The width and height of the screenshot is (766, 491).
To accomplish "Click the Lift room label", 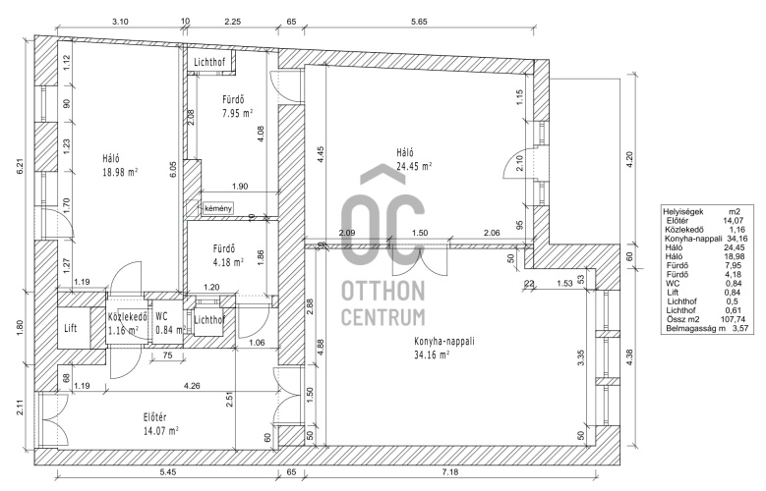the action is click(x=71, y=328).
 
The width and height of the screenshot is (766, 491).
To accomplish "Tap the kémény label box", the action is click(x=218, y=208).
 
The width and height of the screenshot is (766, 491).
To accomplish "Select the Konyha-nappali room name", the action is click(x=444, y=341).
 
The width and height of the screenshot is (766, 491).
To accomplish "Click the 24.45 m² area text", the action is click(x=414, y=166).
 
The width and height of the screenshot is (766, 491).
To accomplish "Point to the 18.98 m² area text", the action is click(x=120, y=172).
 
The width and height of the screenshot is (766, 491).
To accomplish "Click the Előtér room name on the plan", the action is click(x=154, y=417).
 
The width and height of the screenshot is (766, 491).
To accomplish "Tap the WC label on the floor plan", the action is click(x=161, y=316).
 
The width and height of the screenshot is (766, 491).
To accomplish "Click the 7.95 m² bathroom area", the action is click(x=237, y=114).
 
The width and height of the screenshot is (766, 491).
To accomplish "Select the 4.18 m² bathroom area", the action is click(x=228, y=262).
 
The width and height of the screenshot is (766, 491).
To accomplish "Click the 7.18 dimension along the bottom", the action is click(x=450, y=472).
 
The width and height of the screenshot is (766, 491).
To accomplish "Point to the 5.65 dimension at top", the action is click(x=419, y=22).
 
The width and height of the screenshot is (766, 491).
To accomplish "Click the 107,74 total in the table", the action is click(x=731, y=319).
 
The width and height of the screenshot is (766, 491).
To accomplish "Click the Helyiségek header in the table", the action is click(x=683, y=212).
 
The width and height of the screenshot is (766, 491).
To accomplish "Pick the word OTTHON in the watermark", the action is click(x=383, y=292).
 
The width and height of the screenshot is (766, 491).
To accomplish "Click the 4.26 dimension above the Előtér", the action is click(x=192, y=386).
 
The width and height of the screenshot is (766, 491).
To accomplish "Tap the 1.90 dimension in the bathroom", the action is click(x=239, y=186).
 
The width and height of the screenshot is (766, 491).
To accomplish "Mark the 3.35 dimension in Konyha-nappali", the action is click(x=581, y=357).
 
